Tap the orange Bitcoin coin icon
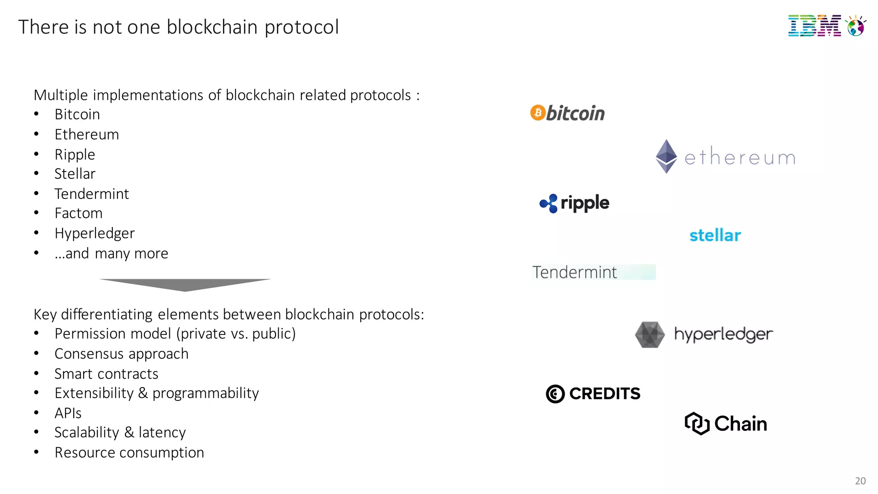(538, 113)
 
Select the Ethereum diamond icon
(666, 157)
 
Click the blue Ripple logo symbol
(549, 203)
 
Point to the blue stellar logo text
(715, 235)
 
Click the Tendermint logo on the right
(574, 272)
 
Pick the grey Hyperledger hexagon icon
(649, 334)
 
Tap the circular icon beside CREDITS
(555, 394)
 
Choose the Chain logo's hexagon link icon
(697, 424)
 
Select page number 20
(860, 481)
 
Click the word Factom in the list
(78, 213)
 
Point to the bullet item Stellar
(75, 174)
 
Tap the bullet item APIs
(68, 413)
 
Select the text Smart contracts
(106, 374)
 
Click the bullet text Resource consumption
(129, 452)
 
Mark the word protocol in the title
(301, 27)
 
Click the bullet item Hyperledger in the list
(94, 233)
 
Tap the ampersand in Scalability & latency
(129, 433)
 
